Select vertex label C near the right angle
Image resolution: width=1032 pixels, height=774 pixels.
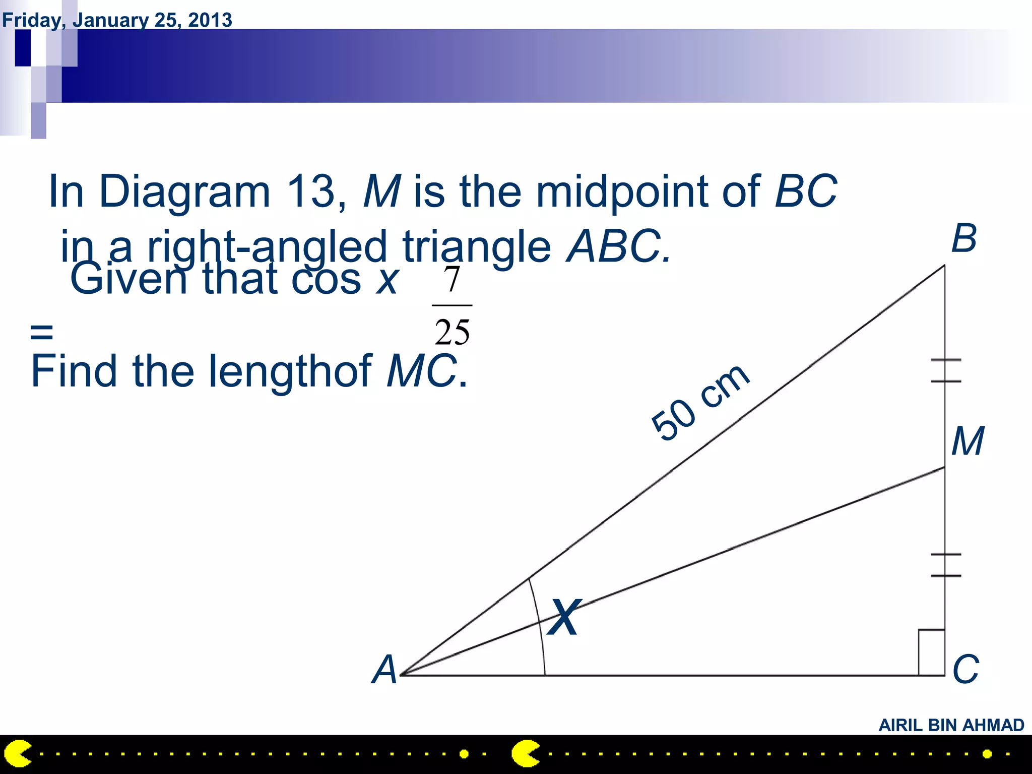(x=965, y=670)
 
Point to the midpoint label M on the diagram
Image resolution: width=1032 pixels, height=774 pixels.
(x=967, y=441)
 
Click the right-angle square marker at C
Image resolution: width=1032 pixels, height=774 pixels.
(x=931, y=652)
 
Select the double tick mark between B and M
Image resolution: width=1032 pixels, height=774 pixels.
(x=945, y=370)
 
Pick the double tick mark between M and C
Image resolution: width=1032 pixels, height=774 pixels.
(x=945, y=565)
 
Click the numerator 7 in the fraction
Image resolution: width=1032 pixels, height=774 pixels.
(x=452, y=280)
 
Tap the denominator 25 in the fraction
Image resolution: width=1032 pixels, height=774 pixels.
(x=452, y=332)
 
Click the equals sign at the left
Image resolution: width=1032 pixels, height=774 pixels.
(x=41, y=332)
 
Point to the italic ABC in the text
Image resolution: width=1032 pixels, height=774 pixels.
(x=618, y=246)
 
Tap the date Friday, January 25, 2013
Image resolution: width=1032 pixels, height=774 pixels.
(x=117, y=20)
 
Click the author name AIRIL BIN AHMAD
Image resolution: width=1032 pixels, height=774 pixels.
(x=951, y=725)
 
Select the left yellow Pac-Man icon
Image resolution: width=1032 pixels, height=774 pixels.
(x=18, y=754)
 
